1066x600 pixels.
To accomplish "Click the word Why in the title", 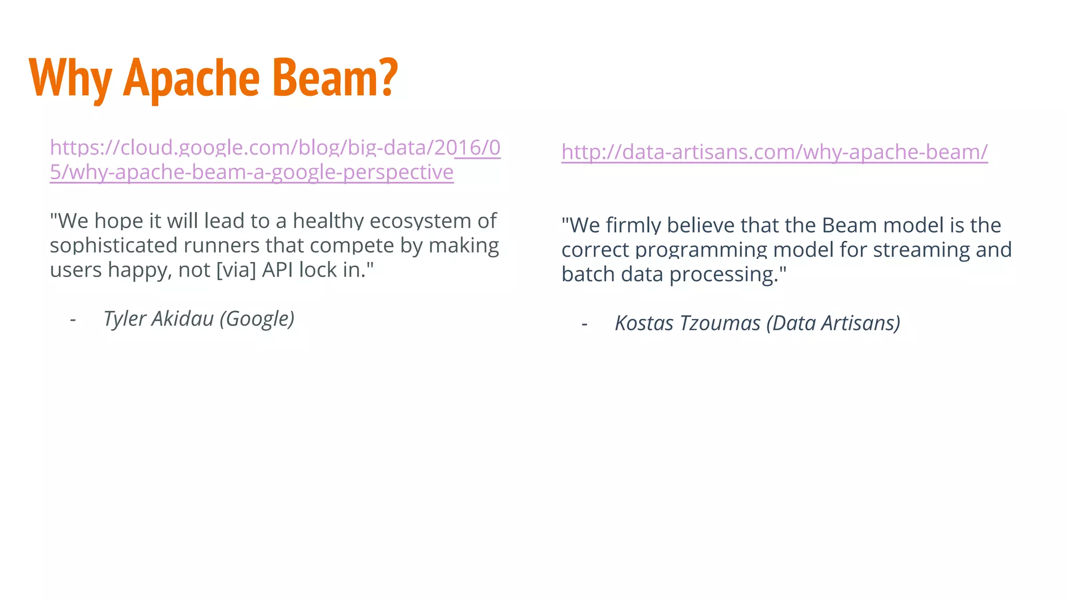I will (x=70, y=78).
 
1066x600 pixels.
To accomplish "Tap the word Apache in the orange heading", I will (x=191, y=78).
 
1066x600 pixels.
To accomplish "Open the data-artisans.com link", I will (x=774, y=152).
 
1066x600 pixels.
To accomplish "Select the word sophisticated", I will (x=113, y=245).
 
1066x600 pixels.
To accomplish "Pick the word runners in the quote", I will (x=222, y=245).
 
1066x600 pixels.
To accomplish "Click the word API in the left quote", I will (x=277, y=270).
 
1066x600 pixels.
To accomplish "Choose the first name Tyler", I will (x=124, y=319).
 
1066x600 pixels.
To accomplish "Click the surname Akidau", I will (x=183, y=319).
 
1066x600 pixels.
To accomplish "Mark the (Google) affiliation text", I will (x=257, y=319).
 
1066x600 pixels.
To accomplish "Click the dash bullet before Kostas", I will (x=585, y=324).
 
